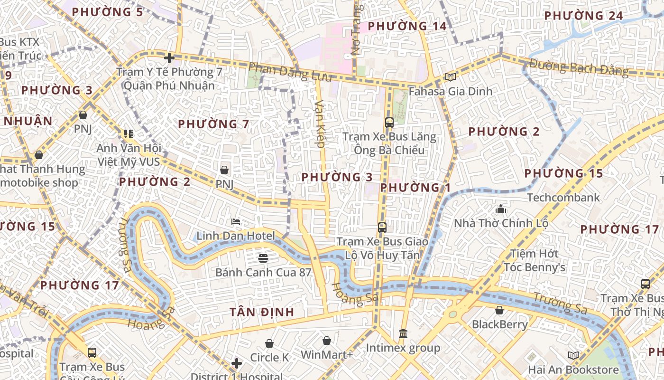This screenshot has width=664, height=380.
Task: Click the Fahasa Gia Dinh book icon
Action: [450, 77]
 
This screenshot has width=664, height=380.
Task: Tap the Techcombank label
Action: [563, 197]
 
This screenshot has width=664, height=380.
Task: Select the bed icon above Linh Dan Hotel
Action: [236, 222]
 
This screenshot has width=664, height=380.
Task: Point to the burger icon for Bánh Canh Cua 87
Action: [263, 258]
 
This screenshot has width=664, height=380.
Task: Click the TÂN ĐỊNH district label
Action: [262, 312]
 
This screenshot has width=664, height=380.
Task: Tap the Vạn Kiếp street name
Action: [320, 124]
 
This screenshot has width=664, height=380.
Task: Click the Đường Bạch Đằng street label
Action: [579, 67]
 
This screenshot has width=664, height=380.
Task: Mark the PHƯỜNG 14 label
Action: [407, 26]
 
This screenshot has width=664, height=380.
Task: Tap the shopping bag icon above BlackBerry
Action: [499, 311]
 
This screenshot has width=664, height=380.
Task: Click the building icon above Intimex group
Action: [403, 334]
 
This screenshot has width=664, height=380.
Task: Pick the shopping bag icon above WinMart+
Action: [327, 341]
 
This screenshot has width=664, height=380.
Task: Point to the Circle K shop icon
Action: [269, 343]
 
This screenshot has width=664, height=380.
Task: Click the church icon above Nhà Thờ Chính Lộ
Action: [501, 209]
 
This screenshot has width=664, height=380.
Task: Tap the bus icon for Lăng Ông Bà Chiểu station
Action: [389, 123]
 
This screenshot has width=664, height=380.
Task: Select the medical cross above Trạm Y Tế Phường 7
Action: [169, 58]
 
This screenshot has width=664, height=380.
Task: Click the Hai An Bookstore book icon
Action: [573, 355]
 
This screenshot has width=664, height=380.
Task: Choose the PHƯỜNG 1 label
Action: [415, 188]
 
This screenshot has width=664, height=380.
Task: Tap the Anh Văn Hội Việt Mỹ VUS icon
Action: [129, 134]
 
